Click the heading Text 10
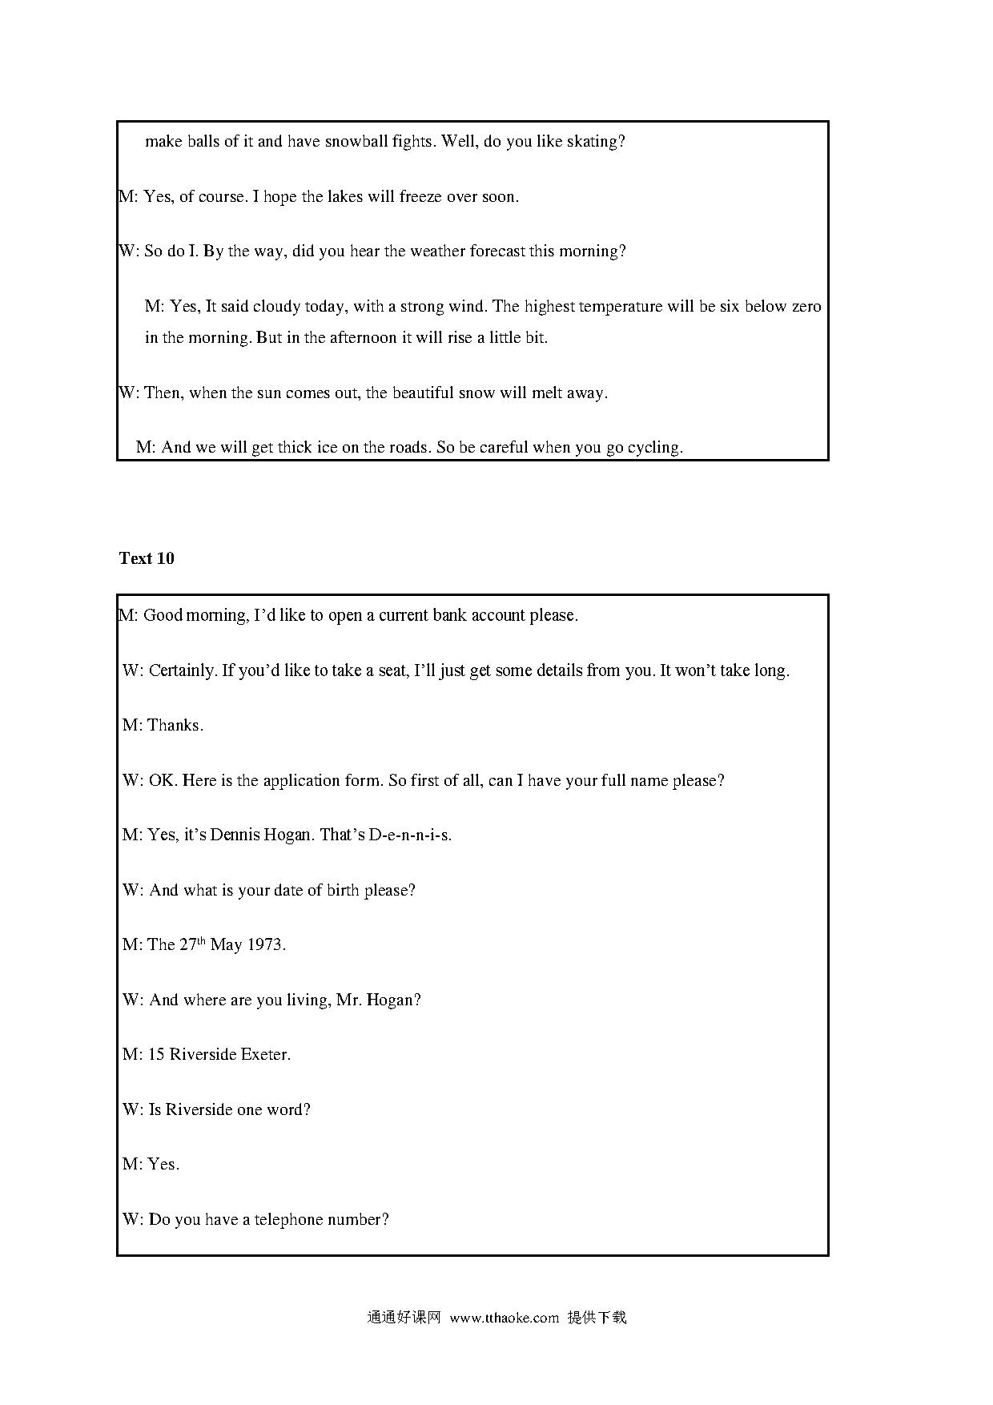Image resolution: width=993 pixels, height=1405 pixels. (x=147, y=558)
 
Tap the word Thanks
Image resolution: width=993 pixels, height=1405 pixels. (x=175, y=726)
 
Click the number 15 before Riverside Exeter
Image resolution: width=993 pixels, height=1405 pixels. (x=156, y=1055)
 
